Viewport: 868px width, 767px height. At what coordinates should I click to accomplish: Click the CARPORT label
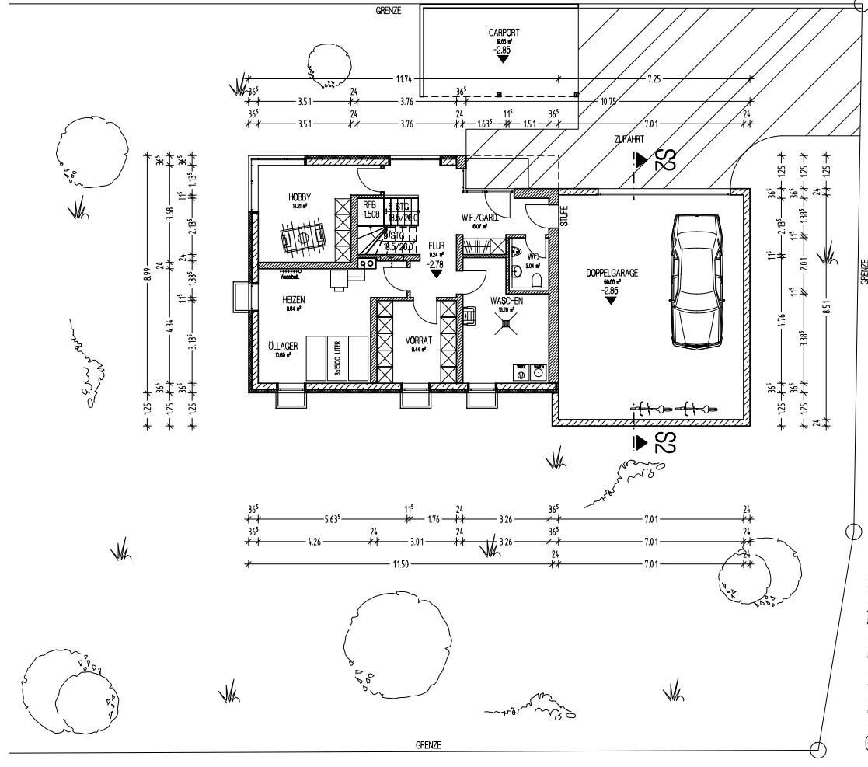coord(504,33)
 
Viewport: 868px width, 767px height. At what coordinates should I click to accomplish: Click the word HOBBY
coord(299,197)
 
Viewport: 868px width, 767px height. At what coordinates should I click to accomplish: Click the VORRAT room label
coord(417,340)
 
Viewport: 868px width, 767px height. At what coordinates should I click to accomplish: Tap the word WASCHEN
coord(506,301)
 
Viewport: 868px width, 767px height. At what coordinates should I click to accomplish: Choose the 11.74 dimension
coord(404,78)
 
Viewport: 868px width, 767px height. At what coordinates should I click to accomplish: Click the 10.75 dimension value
coord(608,101)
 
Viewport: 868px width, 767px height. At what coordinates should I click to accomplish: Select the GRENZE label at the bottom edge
coord(428,745)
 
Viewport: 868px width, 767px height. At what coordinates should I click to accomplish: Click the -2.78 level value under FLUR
coord(435,264)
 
